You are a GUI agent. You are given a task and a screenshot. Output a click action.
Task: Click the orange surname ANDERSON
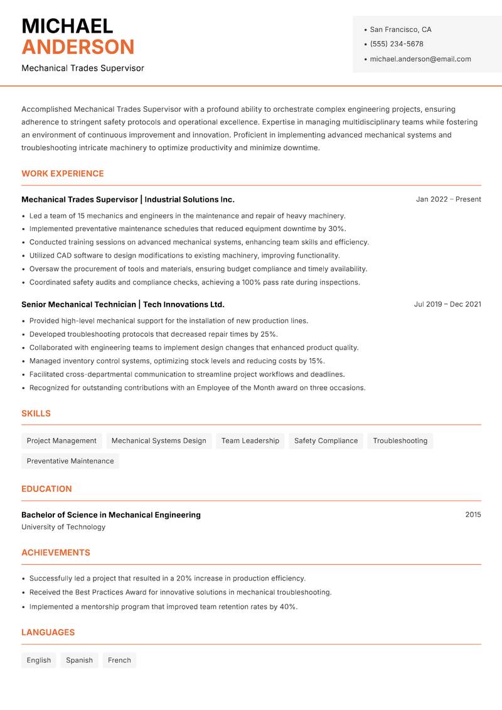pyautogui.click(x=78, y=47)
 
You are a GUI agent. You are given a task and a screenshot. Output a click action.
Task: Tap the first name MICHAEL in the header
pyautogui.click(x=67, y=26)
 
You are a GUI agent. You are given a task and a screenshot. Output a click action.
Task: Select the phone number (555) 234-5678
pyautogui.click(x=396, y=44)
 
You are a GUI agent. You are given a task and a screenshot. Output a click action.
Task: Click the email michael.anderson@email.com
pyautogui.click(x=420, y=59)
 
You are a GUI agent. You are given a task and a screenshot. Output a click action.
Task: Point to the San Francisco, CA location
pyautogui.click(x=400, y=30)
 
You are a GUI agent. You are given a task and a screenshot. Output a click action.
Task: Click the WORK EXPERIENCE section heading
pyautogui.click(x=63, y=173)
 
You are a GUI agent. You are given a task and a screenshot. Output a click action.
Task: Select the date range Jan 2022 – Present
pyautogui.click(x=448, y=199)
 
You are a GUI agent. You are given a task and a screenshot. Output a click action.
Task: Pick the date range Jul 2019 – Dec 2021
pyautogui.click(x=447, y=304)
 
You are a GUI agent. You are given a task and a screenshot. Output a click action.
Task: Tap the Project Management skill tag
pyautogui.click(x=61, y=440)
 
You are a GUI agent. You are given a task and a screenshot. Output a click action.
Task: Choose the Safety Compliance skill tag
pyautogui.click(x=326, y=440)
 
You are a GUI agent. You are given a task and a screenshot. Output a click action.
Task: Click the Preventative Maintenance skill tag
pyautogui.click(x=70, y=461)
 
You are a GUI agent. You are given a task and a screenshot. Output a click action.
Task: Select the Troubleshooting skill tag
pyautogui.click(x=400, y=440)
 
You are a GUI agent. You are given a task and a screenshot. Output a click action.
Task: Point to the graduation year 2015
pyautogui.click(x=473, y=515)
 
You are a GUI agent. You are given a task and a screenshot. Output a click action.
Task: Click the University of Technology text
pyautogui.click(x=63, y=527)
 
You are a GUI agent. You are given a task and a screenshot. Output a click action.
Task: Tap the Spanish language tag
pyautogui.click(x=79, y=660)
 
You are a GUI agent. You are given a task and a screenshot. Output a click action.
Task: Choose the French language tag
pyautogui.click(x=119, y=660)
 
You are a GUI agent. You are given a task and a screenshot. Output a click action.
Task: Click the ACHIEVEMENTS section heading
pyautogui.click(x=56, y=552)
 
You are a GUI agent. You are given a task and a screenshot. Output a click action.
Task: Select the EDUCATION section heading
pyautogui.click(x=46, y=488)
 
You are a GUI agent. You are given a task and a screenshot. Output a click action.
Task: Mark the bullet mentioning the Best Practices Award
pyautogui.click(x=180, y=592)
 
